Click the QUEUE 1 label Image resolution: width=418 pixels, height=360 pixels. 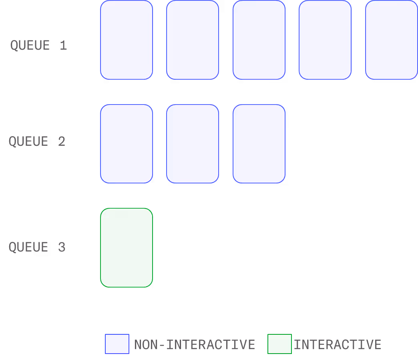pyautogui.click(x=38, y=45)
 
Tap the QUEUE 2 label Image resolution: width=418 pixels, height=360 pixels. pyautogui.click(x=37, y=141)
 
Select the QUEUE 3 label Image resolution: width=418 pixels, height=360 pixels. pyautogui.click(x=37, y=247)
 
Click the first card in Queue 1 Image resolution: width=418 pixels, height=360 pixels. pyautogui.click(x=127, y=40)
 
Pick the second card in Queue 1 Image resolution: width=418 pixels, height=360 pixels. pyautogui.click(x=193, y=40)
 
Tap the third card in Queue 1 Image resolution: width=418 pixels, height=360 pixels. pyautogui.click(x=259, y=40)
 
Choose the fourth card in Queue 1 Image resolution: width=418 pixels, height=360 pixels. pyautogui.click(x=325, y=40)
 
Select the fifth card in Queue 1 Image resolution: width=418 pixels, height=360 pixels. pyautogui.click(x=392, y=40)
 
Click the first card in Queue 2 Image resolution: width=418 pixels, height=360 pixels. pyautogui.click(x=127, y=144)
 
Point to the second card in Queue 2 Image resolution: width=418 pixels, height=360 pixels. pyautogui.click(x=193, y=144)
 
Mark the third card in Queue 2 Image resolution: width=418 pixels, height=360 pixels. pyautogui.click(x=259, y=144)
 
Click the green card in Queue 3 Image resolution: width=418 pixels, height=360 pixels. pyautogui.click(x=127, y=247)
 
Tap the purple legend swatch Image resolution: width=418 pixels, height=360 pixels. pyautogui.click(x=117, y=344)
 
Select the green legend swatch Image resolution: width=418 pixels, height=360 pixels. pyautogui.click(x=279, y=344)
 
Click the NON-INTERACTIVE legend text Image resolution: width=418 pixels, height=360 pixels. pyautogui.click(x=195, y=344)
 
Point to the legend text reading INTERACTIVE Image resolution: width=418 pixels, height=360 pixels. pyautogui.click(x=338, y=344)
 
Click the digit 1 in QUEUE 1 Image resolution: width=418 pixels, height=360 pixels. pyautogui.click(x=63, y=45)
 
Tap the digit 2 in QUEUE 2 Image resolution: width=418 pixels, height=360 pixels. pyautogui.click(x=61, y=141)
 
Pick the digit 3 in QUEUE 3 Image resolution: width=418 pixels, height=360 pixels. pyautogui.click(x=61, y=247)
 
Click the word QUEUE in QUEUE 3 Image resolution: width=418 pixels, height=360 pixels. pyautogui.click(x=28, y=247)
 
